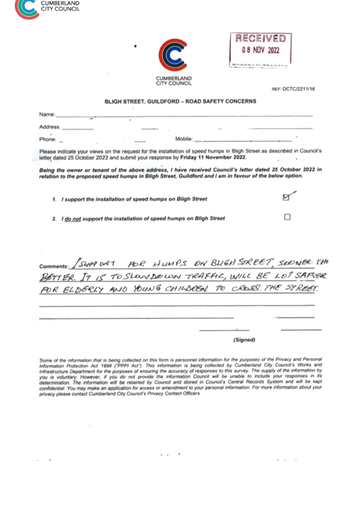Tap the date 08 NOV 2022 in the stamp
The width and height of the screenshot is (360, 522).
coord(260,51)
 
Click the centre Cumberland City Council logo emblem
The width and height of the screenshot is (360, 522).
coord(173,56)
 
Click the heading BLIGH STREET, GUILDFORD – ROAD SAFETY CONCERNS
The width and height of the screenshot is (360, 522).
coord(180,101)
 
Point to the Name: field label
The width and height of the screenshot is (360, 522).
coord(47,115)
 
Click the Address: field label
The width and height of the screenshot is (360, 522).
coord(50,127)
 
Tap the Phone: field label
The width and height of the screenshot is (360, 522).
coord(48,139)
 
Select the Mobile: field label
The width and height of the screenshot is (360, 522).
coord(184,139)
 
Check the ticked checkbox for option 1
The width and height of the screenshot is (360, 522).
coord(286,197)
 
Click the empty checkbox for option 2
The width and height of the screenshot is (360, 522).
coord(287,216)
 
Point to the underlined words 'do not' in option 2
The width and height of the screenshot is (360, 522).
coord(73,219)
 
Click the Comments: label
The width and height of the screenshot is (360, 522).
coord(53,267)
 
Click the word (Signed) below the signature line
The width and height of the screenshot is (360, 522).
coord(244,340)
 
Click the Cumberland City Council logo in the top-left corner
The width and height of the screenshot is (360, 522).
coord(26,8)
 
